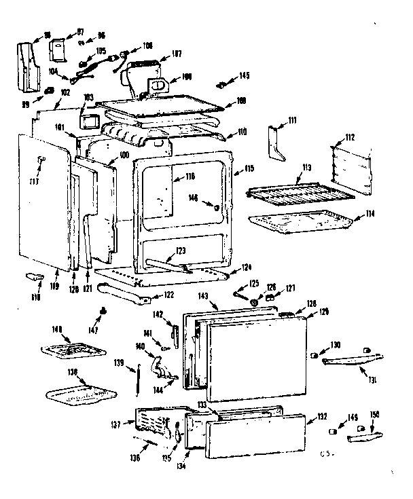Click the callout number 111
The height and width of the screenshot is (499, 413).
click(293, 120)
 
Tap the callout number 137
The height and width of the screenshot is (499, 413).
click(115, 425)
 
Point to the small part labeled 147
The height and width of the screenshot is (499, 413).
click(103, 310)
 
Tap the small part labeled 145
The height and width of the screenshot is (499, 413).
click(221, 86)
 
